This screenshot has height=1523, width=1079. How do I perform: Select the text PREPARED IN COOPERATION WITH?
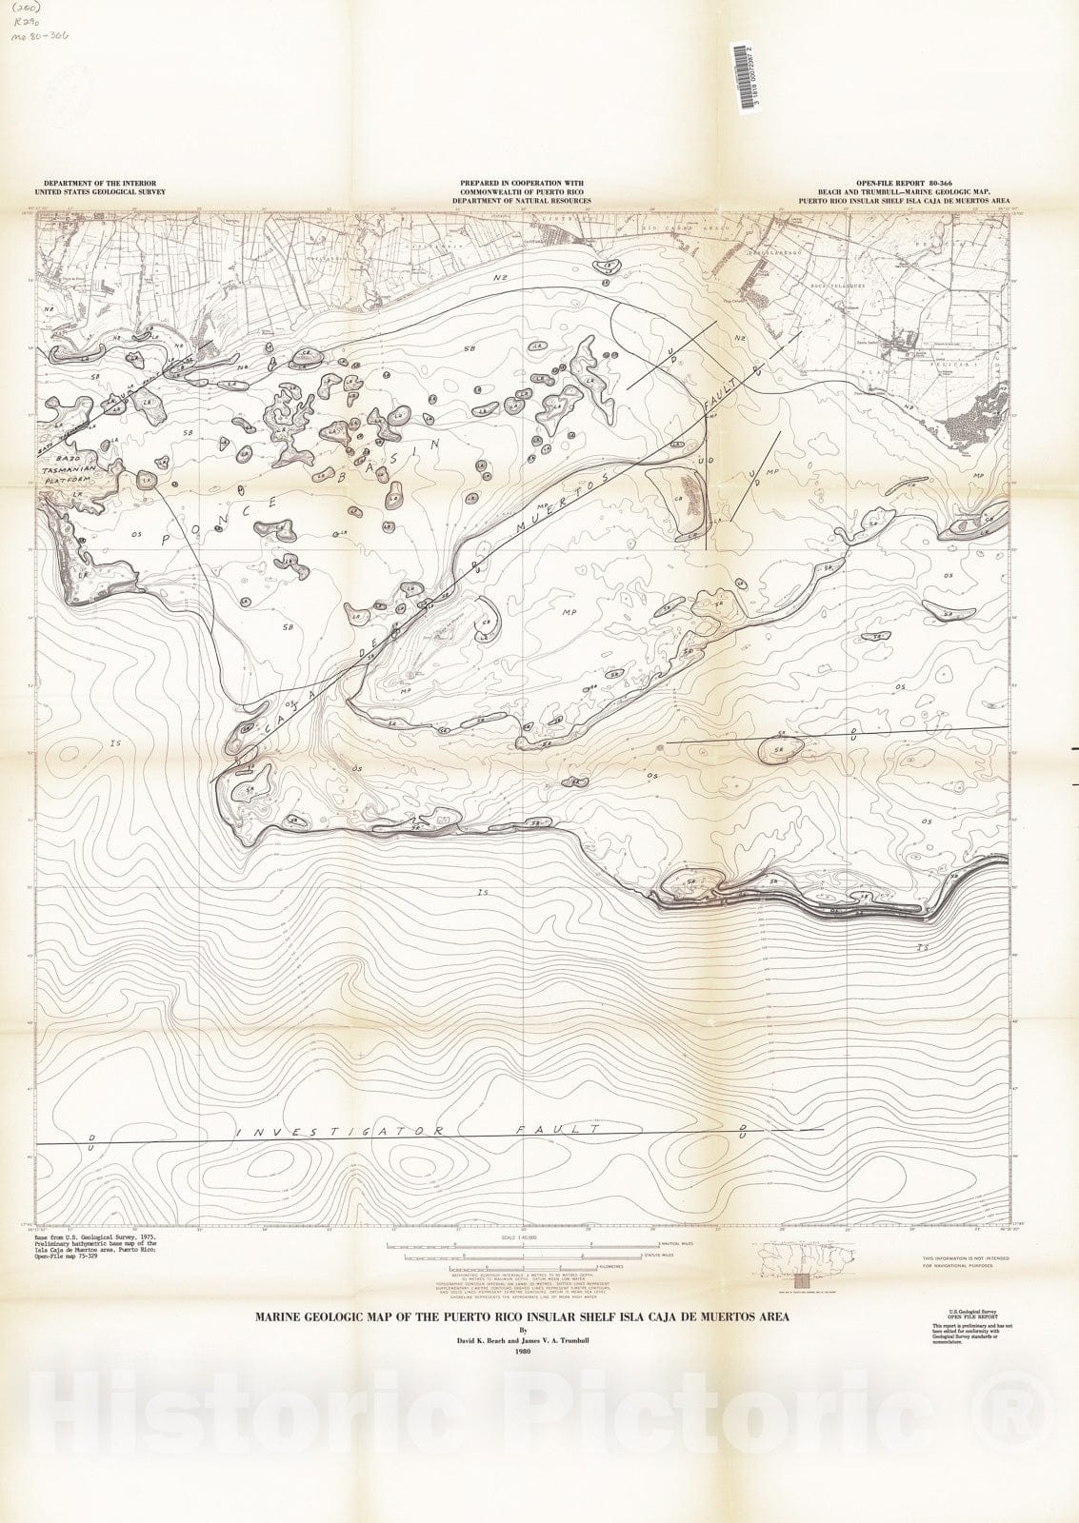click(x=521, y=182)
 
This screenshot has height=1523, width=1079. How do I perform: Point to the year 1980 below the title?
click(x=521, y=1350)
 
